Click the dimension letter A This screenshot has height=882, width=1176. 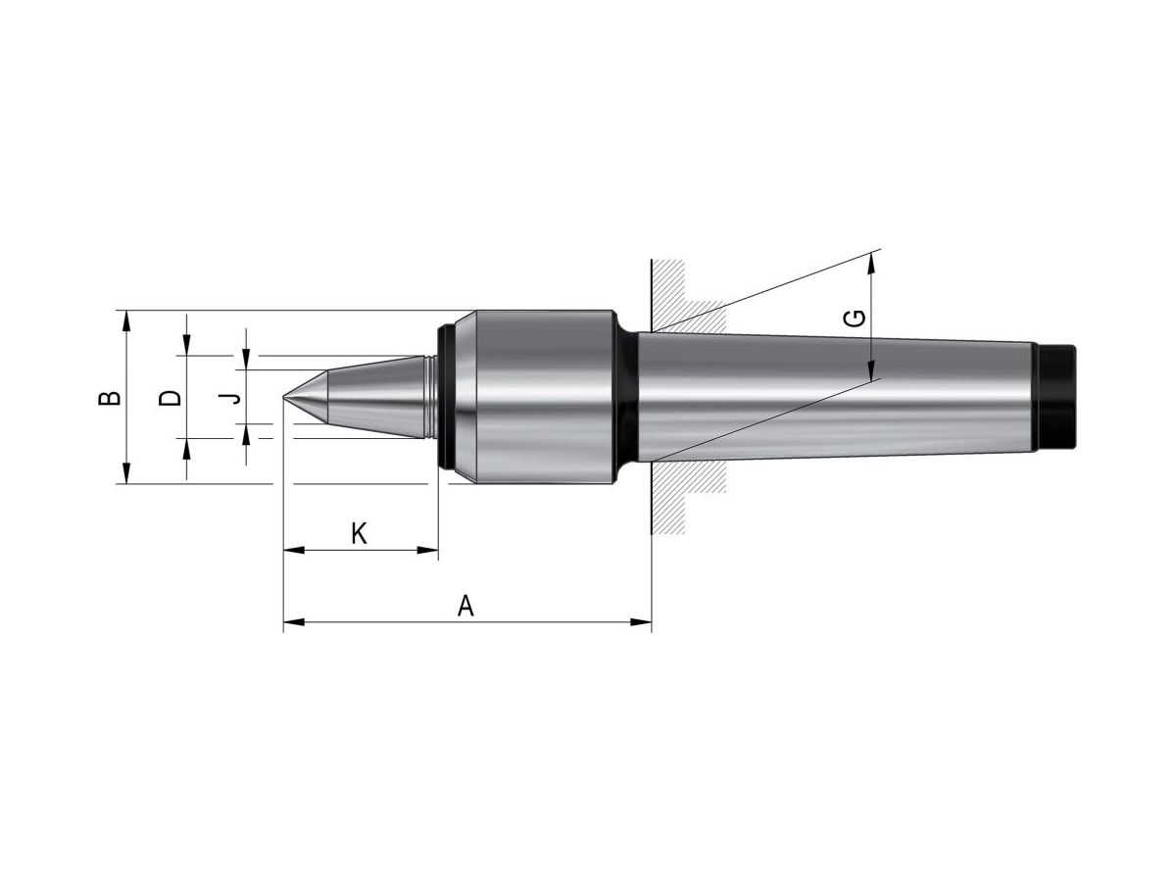coord(465,607)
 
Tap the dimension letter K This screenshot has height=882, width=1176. coord(359,534)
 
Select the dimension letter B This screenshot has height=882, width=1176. coord(110,397)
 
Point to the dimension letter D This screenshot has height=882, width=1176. coord(171,397)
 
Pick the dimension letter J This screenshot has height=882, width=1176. coord(230,397)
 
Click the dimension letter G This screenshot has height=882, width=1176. coord(854,318)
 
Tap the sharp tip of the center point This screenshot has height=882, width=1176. coord(283,397)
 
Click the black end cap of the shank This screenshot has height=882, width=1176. coord(1054,397)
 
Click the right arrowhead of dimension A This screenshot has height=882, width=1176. coord(641,622)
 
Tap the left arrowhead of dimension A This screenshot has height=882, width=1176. coord(294,622)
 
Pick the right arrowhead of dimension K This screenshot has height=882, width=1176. coord(428,550)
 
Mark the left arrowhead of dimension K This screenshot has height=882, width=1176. coord(294,550)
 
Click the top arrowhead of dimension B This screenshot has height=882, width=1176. coord(126,320)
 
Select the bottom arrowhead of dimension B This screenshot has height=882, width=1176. coord(126,473)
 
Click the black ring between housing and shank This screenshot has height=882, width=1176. coord(627,397)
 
